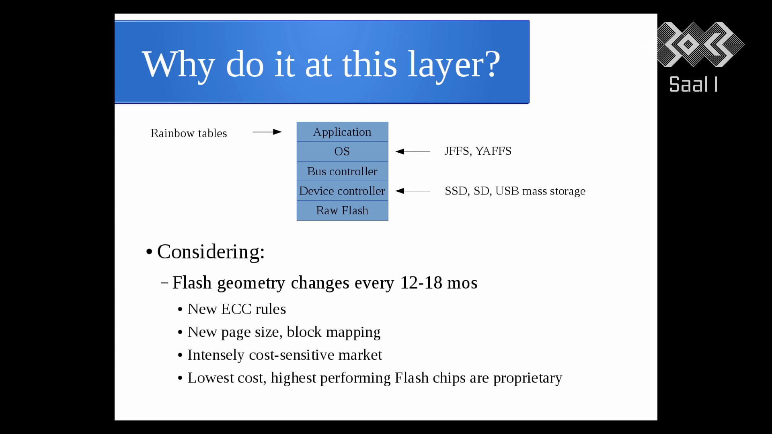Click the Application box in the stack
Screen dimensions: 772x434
[x=343, y=132]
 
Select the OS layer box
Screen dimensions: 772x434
[x=343, y=151]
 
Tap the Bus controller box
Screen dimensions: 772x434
[x=343, y=171]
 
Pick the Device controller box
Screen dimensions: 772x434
[x=343, y=191]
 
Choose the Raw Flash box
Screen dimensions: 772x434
[x=343, y=211]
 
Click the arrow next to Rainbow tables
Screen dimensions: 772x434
[x=267, y=132]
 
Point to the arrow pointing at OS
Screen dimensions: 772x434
[x=413, y=151]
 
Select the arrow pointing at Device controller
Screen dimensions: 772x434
[x=413, y=191]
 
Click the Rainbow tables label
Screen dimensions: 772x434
[x=189, y=133]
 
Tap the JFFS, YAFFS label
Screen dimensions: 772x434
[x=478, y=151]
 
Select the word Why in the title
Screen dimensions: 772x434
[x=179, y=65]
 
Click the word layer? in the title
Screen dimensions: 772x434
[x=454, y=65]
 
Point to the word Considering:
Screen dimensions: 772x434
[x=211, y=252]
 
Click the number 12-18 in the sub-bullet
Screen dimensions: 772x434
[x=421, y=283]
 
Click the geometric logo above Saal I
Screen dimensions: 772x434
[x=700, y=44]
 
